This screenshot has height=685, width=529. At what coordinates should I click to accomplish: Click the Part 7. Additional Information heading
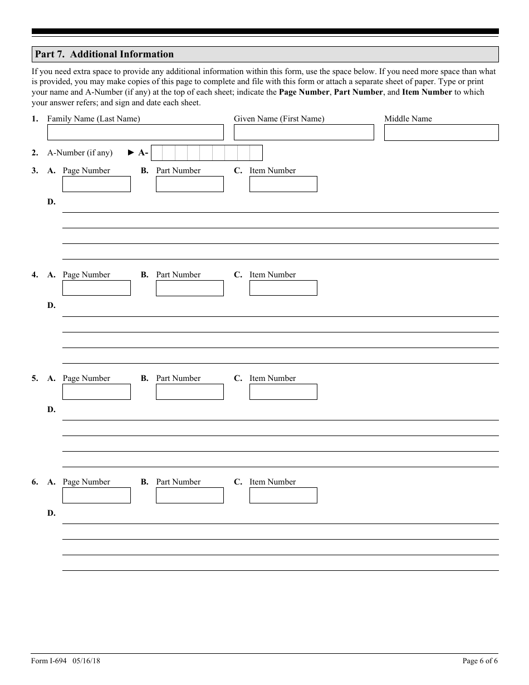tap(104, 54)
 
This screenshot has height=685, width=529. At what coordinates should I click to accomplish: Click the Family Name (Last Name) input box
tap(135, 133)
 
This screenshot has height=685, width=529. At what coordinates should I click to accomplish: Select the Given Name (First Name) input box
tap(303, 133)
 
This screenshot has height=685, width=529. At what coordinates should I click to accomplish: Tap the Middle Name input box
tap(441, 133)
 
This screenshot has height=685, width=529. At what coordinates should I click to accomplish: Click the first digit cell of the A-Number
tap(157, 153)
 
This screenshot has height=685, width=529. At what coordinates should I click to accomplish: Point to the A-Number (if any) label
tap(80, 153)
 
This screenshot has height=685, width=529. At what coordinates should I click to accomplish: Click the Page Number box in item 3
tap(96, 184)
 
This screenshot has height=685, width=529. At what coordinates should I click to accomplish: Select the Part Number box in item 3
tap(189, 184)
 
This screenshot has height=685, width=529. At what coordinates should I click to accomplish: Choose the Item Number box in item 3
tap(283, 184)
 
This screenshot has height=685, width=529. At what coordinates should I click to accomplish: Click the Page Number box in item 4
tap(96, 288)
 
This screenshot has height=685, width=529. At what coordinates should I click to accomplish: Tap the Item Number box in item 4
tap(283, 288)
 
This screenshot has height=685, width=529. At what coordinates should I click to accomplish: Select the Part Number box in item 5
tap(189, 392)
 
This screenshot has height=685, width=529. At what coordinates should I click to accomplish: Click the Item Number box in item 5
tap(283, 392)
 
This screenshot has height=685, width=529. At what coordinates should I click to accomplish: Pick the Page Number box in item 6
tap(96, 495)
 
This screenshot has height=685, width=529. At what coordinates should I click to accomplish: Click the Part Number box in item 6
tap(189, 495)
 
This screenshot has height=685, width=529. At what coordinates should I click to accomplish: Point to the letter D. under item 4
tap(51, 305)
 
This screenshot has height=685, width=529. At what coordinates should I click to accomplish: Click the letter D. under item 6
tap(51, 513)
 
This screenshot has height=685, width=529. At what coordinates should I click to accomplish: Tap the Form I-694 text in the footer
tap(49, 661)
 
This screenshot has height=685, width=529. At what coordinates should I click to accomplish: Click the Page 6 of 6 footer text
tap(480, 661)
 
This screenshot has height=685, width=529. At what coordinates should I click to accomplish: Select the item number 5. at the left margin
tap(35, 378)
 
